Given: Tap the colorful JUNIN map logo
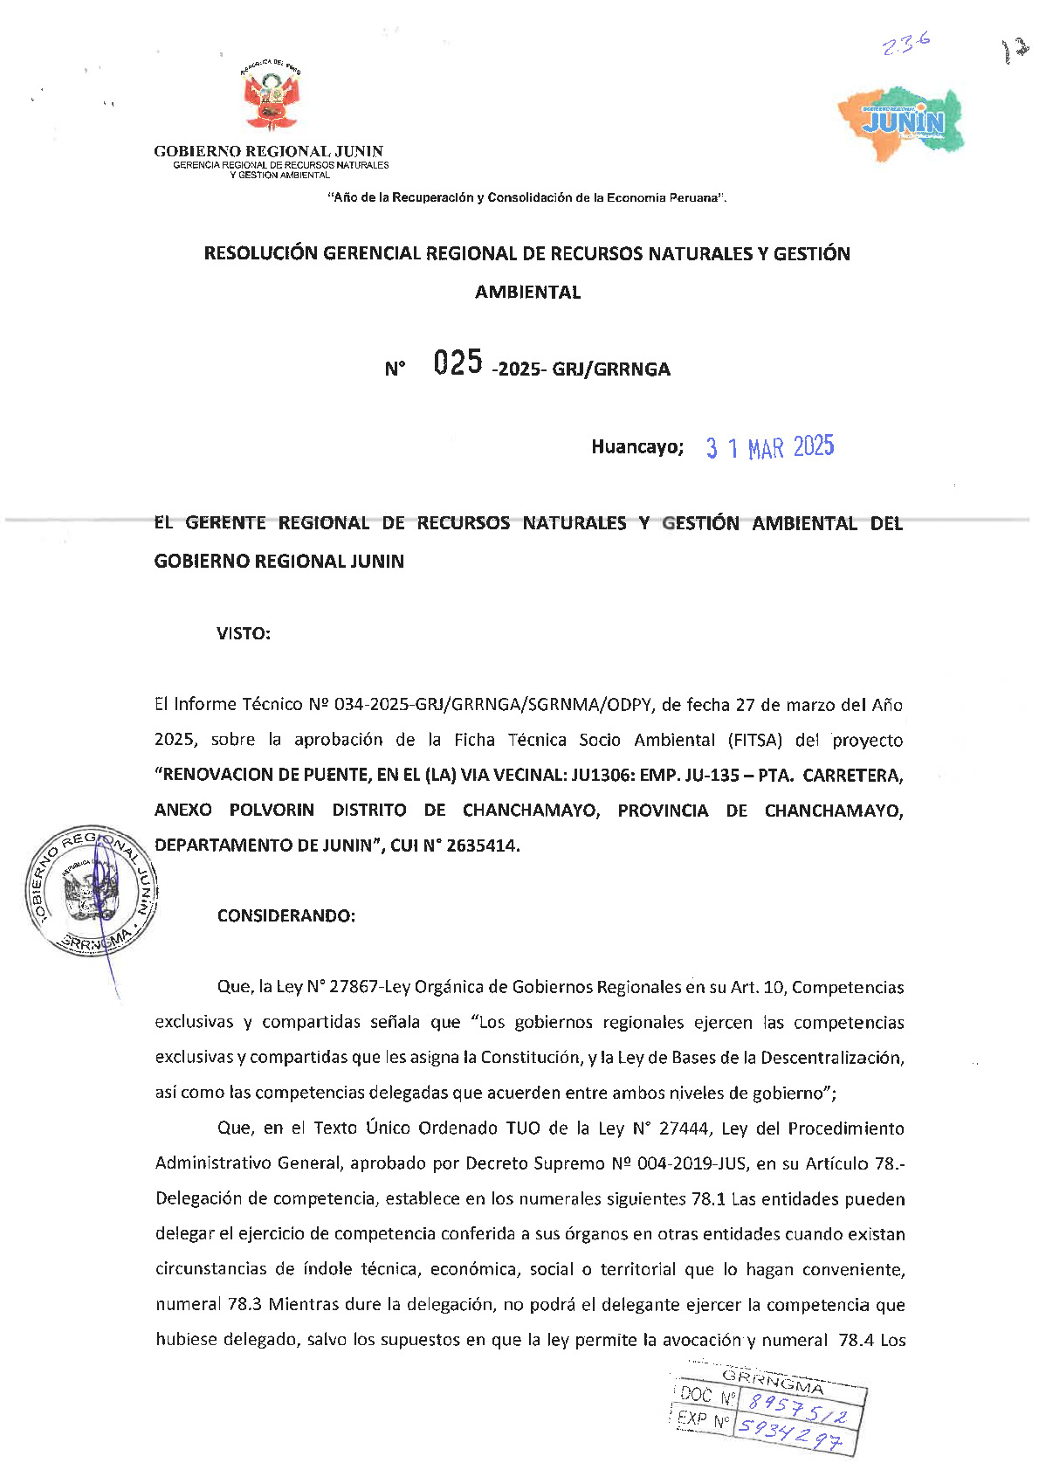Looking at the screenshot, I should pos(902,123).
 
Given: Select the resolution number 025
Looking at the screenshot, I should pos(458,362).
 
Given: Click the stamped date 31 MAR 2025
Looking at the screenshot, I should pos(770,447).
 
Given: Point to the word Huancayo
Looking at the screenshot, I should pos(636,447).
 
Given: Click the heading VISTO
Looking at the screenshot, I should pos(244,634).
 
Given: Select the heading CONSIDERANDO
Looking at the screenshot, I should pos(286,916).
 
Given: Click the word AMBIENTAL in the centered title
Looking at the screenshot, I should pos(527,293).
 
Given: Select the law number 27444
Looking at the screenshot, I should pos(685,1128).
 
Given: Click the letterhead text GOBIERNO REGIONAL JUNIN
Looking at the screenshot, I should pos(268,151).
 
